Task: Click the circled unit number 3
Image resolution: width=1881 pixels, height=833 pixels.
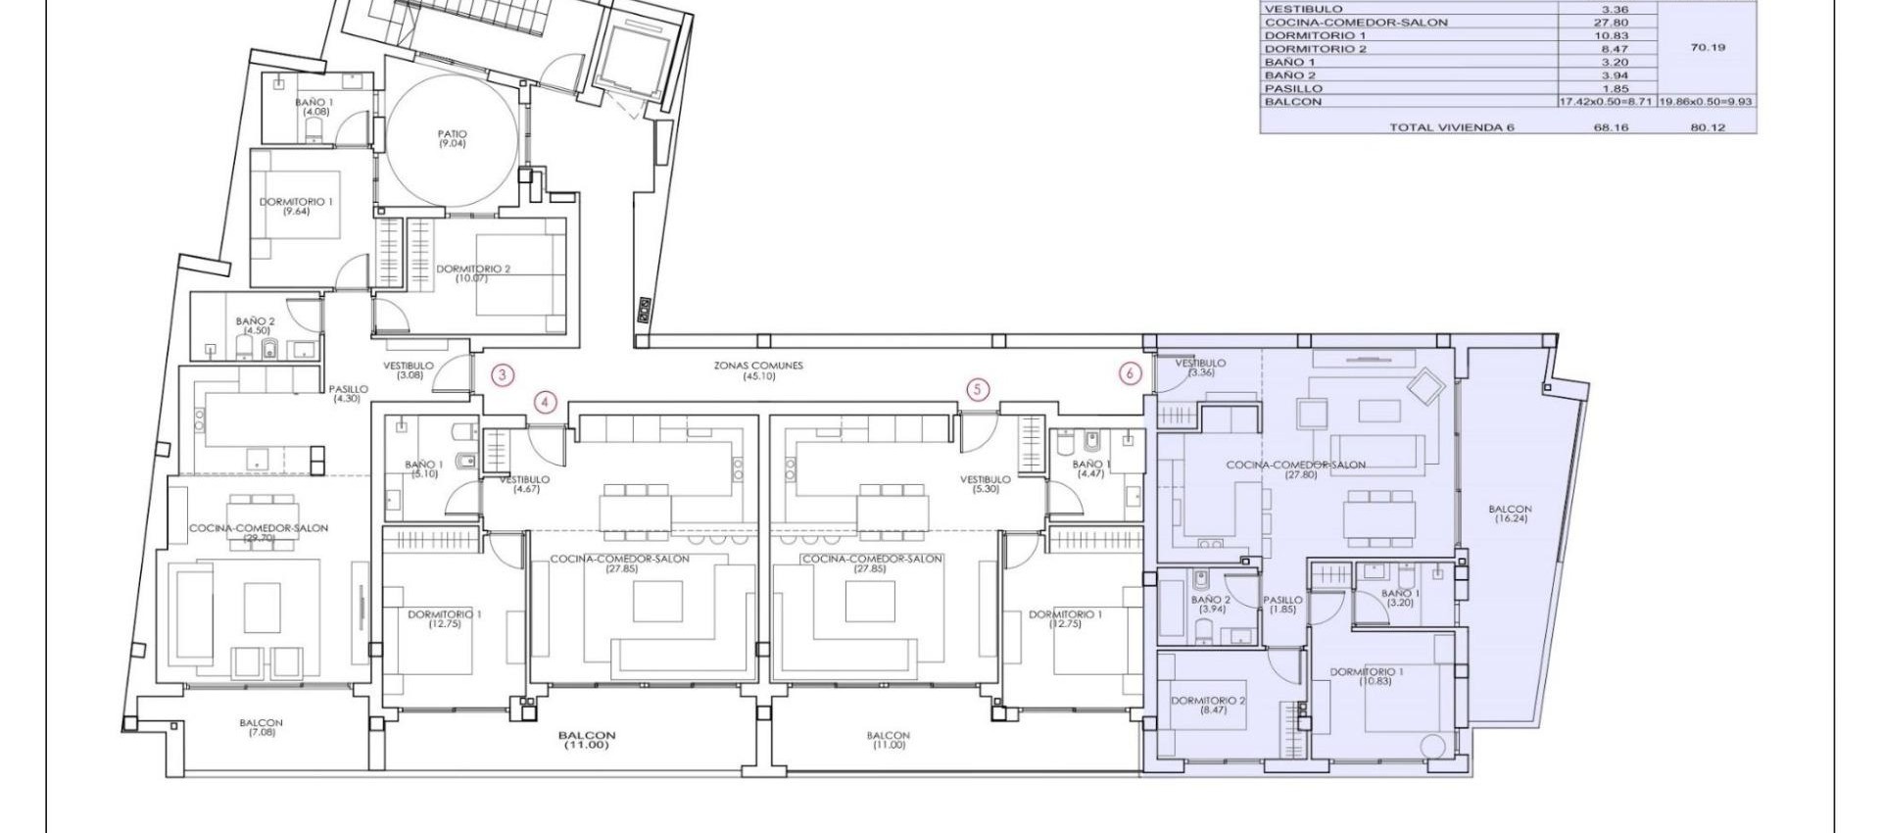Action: point(503,374)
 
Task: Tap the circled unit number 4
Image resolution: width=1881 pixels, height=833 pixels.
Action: point(546,402)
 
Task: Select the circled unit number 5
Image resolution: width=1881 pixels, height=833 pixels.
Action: point(977,390)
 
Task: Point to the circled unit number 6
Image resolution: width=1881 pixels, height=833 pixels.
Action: point(1130,373)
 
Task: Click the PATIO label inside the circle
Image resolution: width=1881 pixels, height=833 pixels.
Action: point(452,138)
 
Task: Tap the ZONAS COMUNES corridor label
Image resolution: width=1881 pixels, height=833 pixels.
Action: point(758,370)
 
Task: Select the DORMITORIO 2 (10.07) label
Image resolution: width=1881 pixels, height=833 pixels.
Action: point(472,273)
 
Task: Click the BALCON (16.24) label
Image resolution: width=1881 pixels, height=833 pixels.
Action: point(1510,514)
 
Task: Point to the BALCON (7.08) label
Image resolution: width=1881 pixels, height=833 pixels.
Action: point(262,727)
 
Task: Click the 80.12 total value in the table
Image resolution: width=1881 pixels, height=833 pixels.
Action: point(1708,127)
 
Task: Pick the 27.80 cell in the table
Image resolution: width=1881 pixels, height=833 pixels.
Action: point(1611,22)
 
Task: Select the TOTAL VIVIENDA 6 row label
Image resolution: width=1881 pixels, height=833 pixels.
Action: point(1451,127)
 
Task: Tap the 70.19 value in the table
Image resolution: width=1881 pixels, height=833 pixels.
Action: point(1708,47)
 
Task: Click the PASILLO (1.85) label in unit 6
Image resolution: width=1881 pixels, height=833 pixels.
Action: point(1282,605)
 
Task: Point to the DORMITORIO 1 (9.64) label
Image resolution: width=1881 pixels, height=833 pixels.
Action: point(296,206)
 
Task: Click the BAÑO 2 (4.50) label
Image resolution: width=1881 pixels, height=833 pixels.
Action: point(256,325)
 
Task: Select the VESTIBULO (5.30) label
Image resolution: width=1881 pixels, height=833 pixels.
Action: point(986,484)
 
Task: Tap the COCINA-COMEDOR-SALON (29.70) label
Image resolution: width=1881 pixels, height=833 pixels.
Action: point(259,532)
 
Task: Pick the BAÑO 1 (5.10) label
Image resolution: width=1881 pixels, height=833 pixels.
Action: point(424,469)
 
